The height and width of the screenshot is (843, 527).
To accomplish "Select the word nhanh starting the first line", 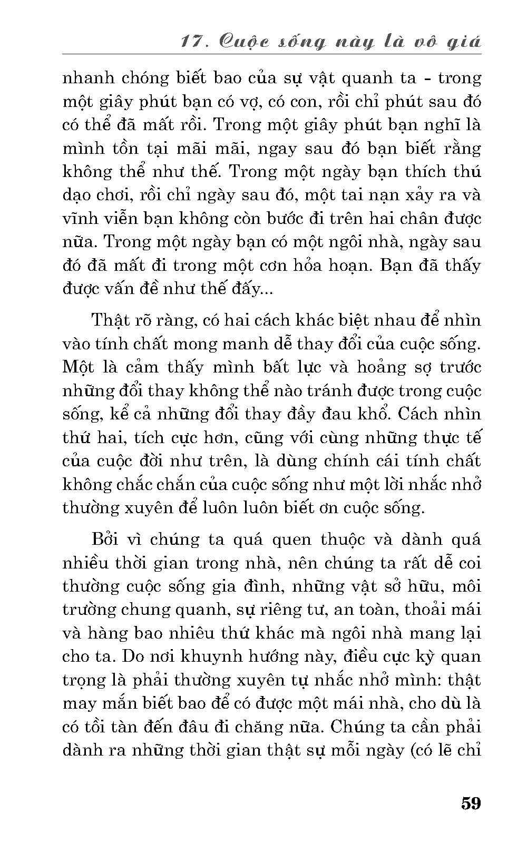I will pos(88,78).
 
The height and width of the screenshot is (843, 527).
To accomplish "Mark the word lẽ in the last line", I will pos(440,750).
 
